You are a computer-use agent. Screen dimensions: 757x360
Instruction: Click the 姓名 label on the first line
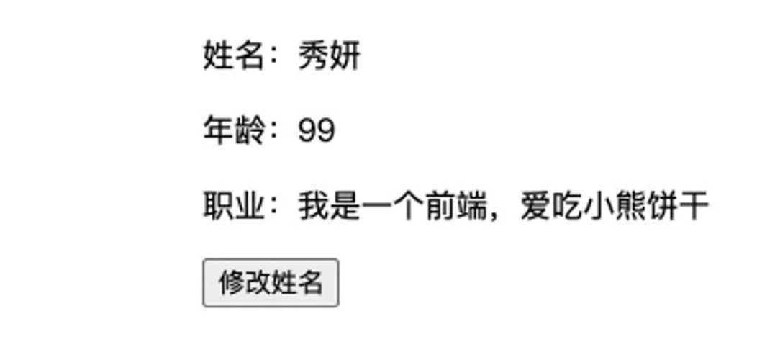click(233, 55)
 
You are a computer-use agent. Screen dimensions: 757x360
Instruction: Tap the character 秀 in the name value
click(314, 55)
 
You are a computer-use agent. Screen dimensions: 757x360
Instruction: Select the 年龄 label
click(233, 130)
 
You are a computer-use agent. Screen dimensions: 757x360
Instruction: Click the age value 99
click(317, 130)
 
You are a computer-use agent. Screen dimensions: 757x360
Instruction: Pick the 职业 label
click(233, 205)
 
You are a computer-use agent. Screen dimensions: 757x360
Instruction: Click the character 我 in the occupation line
click(314, 205)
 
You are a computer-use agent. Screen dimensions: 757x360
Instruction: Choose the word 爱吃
click(551, 205)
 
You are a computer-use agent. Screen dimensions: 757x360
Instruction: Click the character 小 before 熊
click(598, 205)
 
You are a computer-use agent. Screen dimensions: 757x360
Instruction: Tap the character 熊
click(630, 205)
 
